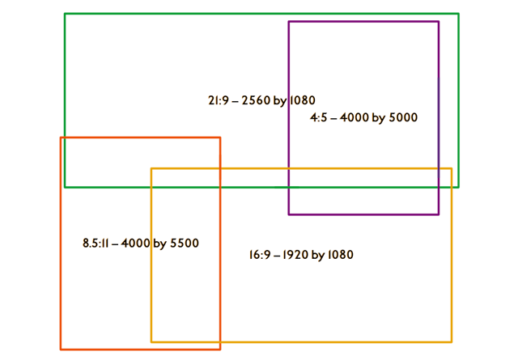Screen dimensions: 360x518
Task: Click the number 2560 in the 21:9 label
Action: [255, 101]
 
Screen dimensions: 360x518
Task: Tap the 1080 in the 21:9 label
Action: [300, 101]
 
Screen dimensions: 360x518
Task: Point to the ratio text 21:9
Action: [216, 101]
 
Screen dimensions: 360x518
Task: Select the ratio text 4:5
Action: [317, 118]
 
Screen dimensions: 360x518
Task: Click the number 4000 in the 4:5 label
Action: [353, 118]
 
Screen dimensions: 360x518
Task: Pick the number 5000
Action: [402, 118]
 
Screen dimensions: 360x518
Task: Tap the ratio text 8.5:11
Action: [96, 244]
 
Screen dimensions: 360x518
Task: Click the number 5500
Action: [183, 244]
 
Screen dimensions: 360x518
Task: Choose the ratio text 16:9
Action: [259, 256]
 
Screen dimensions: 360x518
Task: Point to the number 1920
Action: [295, 256]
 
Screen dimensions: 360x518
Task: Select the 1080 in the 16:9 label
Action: [339, 256]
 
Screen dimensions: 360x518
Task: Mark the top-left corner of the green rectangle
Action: [65, 14]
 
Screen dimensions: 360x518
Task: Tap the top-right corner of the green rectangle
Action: [459, 14]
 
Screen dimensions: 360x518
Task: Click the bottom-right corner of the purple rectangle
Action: [439, 214]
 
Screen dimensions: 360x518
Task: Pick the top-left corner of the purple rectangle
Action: [289, 22]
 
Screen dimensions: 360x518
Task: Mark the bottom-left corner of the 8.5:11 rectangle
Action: [61, 349]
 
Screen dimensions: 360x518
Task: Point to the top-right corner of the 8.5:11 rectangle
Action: [220, 138]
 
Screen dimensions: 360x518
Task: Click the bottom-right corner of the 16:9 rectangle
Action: [452, 342]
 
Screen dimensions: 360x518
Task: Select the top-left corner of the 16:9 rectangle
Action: [151, 168]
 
